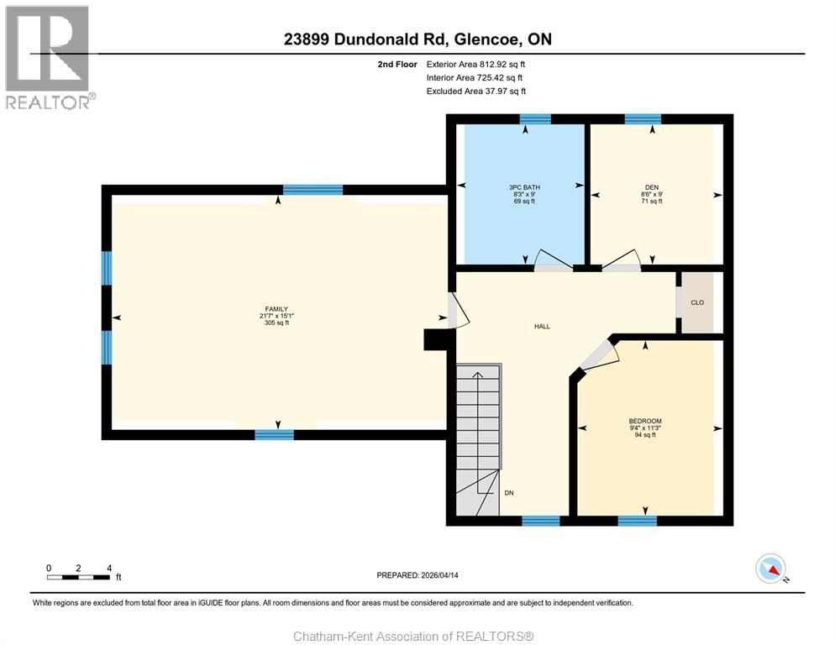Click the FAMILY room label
[276, 309]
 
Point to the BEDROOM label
[645, 421]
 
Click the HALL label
[542, 326]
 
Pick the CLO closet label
[697, 302]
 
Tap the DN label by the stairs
[509, 494]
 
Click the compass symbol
[770, 569]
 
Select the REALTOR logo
[49, 57]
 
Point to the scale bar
[78, 577]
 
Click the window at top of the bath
[535, 118]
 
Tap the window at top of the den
[643, 118]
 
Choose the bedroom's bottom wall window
[637, 521]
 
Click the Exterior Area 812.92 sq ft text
[476, 64]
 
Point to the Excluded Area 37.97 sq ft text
[476, 91]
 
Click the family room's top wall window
[312, 190]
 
